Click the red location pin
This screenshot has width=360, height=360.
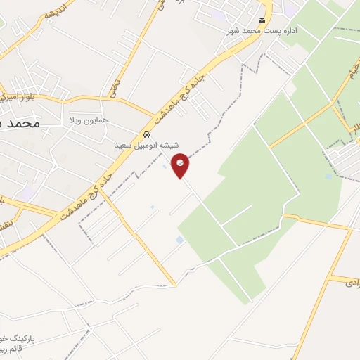(181, 165)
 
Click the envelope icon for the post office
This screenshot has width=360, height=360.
(262, 20)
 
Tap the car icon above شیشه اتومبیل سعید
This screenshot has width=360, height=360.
(146, 134)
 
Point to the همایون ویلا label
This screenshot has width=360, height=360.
(89, 121)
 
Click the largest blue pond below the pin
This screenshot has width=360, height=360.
(180, 240)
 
